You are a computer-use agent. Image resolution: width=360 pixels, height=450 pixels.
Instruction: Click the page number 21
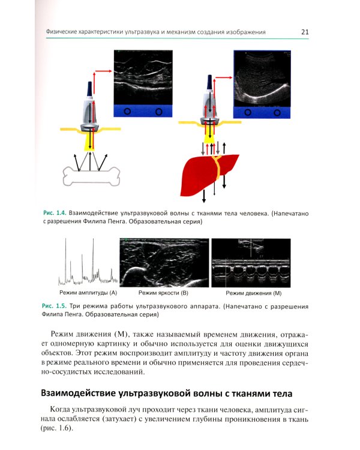[305, 32]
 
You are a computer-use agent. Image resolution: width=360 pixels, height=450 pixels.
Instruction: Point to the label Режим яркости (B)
[163, 293]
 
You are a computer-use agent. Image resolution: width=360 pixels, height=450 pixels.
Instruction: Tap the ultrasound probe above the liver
[209, 105]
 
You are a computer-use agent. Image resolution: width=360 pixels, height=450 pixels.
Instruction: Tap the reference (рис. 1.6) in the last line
[58, 430]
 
